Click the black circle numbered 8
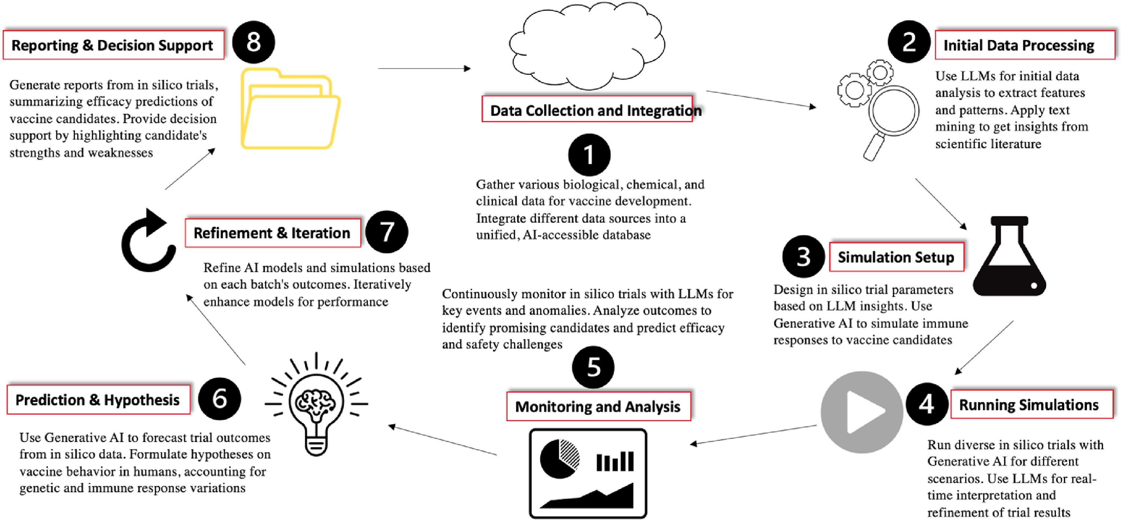(253, 42)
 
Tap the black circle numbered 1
(589, 155)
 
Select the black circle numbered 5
(593, 367)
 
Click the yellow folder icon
(290, 110)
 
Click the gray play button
(862, 412)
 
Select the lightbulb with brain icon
(317, 405)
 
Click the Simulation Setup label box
(896, 257)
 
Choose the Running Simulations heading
(1029, 405)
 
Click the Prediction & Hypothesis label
(98, 400)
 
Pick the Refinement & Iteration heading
(272, 233)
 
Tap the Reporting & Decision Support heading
(112, 45)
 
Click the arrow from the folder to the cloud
(424, 69)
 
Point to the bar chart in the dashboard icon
(615, 461)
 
